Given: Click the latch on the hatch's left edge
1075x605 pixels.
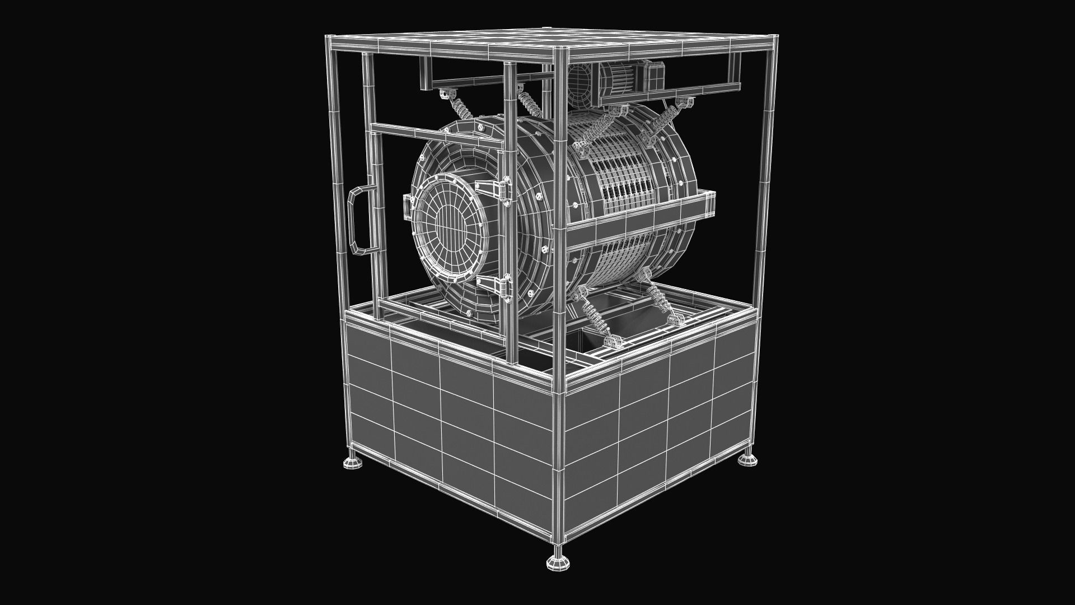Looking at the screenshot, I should pos(406,207).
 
